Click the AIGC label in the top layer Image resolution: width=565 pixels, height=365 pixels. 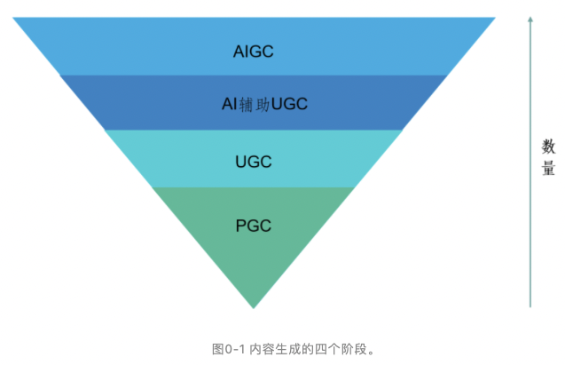coord(253,52)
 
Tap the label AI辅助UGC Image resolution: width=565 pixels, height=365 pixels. coord(264,105)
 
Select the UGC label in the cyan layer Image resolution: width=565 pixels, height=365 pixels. coord(253,162)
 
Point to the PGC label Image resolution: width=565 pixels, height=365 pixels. coord(253,225)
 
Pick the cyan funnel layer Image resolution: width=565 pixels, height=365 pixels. coord(177,158)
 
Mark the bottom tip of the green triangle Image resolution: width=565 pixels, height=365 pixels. coord(254,307)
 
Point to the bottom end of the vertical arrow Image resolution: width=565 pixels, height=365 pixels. coord(530,306)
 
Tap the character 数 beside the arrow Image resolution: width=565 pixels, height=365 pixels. coord(548,146)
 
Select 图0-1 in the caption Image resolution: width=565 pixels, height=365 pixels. coord(228,348)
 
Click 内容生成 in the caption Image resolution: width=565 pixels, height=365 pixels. coord(271,348)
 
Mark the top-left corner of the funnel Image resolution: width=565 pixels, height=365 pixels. coord(13,18)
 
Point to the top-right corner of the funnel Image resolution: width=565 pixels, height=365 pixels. coord(495,18)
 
